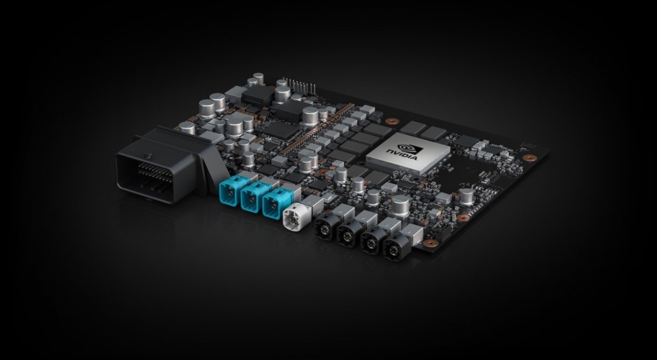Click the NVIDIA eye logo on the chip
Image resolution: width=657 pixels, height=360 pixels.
coord(411,149)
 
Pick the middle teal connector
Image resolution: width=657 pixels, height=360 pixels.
coord(254,195)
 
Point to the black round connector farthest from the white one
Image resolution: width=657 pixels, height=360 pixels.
coord(396,247)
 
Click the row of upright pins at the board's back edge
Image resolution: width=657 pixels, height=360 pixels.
coord(299,85)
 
